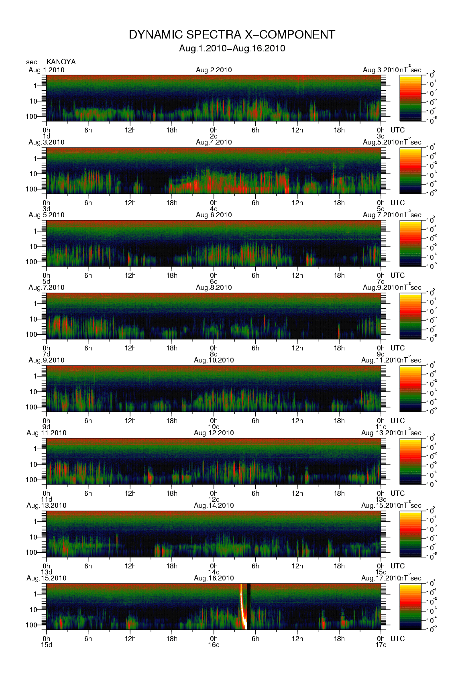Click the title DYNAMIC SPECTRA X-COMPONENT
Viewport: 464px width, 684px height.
click(x=232, y=35)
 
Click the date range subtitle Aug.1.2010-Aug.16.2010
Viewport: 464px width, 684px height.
click(x=232, y=49)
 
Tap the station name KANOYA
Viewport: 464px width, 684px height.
click(x=61, y=62)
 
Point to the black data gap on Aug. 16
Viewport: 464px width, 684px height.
click(x=249, y=606)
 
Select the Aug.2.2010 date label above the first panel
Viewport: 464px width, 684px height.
click(x=214, y=70)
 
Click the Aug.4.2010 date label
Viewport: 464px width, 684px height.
click(x=214, y=142)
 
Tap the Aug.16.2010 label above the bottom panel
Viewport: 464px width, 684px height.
click(x=214, y=578)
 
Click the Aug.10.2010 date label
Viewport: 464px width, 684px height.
click(x=214, y=360)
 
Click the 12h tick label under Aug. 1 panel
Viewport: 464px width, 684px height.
click(x=130, y=130)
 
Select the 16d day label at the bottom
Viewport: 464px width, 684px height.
click(x=214, y=645)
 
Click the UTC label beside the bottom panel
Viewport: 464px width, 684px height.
click(x=397, y=639)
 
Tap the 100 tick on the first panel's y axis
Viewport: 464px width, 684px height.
click(x=31, y=116)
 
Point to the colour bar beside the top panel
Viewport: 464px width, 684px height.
click(x=410, y=98)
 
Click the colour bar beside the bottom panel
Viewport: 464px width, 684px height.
click(x=410, y=607)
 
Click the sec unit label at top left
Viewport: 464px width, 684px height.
click(x=32, y=62)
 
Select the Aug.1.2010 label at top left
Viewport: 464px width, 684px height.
click(x=47, y=70)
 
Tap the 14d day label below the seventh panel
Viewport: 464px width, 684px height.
click(x=214, y=572)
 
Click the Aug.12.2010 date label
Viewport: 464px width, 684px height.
click(x=214, y=433)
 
